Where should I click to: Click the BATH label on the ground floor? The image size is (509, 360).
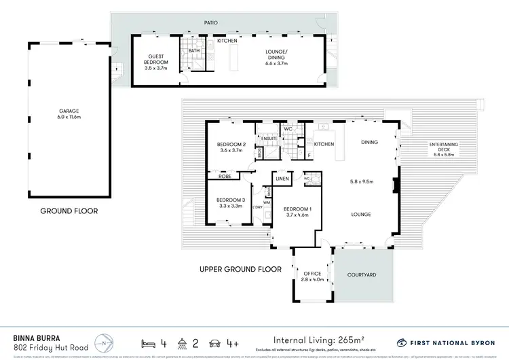194,50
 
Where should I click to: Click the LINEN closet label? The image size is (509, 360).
283,179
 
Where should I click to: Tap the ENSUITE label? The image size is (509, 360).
270,138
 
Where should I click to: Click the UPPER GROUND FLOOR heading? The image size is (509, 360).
240,269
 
